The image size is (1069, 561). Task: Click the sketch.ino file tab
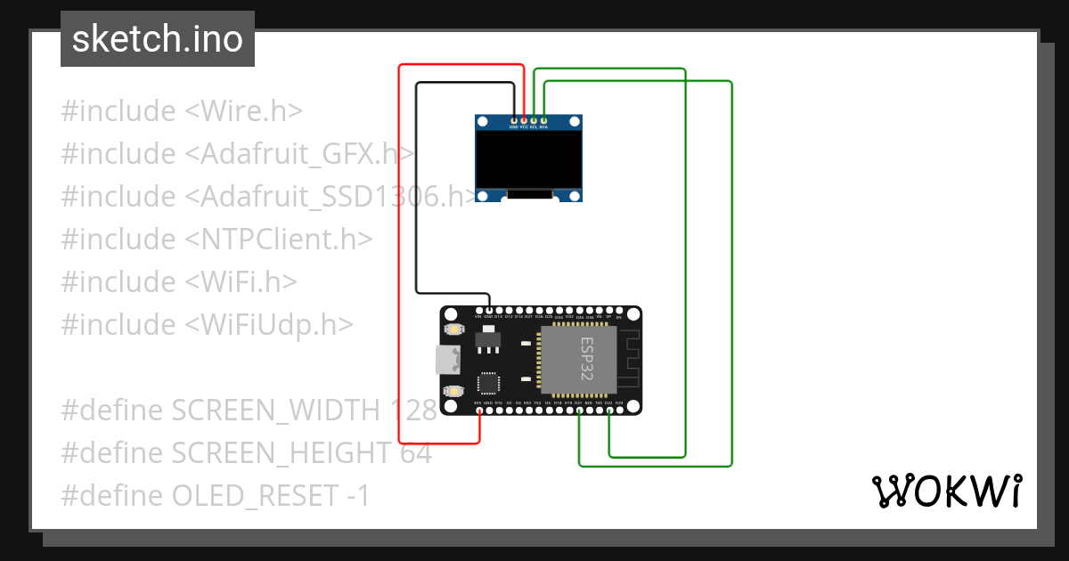tap(158, 39)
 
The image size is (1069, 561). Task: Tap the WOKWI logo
tap(945, 491)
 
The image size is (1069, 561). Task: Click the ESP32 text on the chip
tap(590, 359)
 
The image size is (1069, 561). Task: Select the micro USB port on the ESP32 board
tap(446, 361)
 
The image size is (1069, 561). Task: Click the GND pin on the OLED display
tap(513, 119)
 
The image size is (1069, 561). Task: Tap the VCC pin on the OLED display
tap(524, 119)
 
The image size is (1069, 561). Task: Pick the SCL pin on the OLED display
tap(534, 119)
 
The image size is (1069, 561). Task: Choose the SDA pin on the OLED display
tap(544, 119)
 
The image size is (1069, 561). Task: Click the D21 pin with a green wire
tap(579, 411)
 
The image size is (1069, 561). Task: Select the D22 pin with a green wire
tap(609, 411)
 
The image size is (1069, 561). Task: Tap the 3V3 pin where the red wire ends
tap(479, 411)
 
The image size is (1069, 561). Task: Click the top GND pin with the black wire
tap(489, 309)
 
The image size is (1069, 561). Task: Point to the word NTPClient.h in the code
tap(279, 240)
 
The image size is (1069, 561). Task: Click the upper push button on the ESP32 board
tap(454, 330)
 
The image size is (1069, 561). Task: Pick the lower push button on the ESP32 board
tap(454, 391)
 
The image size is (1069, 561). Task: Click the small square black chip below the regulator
tap(489, 383)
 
